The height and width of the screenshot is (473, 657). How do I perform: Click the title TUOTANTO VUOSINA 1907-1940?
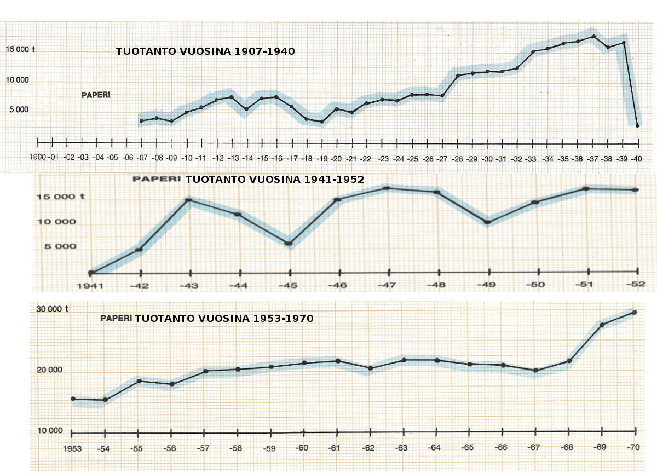(205, 52)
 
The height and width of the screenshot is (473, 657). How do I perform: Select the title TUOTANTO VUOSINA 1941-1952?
(274, 179)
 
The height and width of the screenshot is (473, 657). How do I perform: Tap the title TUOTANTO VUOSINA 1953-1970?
(224, 318)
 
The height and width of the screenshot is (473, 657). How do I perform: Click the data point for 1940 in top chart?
(638, 126)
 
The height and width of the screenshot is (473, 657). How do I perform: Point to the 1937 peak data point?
(594, 37)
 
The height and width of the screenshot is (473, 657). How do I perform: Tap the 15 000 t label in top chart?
(21, 49)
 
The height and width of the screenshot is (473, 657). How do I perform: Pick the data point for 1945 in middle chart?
(289, 244)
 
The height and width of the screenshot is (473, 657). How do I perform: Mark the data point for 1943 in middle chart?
(189, 200)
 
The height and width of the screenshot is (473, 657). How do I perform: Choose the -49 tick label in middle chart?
(487, 285)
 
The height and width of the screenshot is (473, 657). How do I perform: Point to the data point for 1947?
(387, 188)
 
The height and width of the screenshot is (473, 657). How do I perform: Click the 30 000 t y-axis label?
(53, 308)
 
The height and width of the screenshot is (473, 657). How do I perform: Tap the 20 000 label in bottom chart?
(50, 370)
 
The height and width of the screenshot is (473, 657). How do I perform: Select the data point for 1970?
(635, 313)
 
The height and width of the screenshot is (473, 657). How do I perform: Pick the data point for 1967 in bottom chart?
(535, 371)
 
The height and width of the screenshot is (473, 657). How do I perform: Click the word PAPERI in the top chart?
(96, 95)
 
